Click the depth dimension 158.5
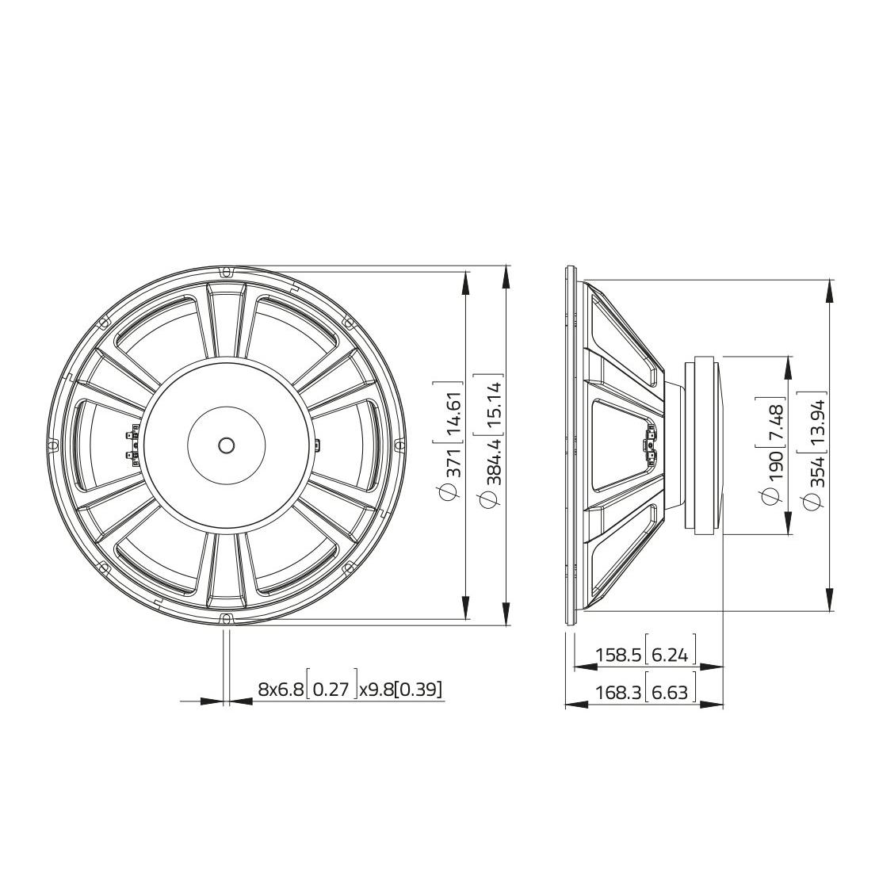(x=618, y=655)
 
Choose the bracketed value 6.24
(x=671, y=655)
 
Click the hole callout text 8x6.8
(x=281, y=690)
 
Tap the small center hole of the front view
(x=227, y=445)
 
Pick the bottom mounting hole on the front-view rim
(x=227, y=618)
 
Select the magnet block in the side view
(x=707, y=445)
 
